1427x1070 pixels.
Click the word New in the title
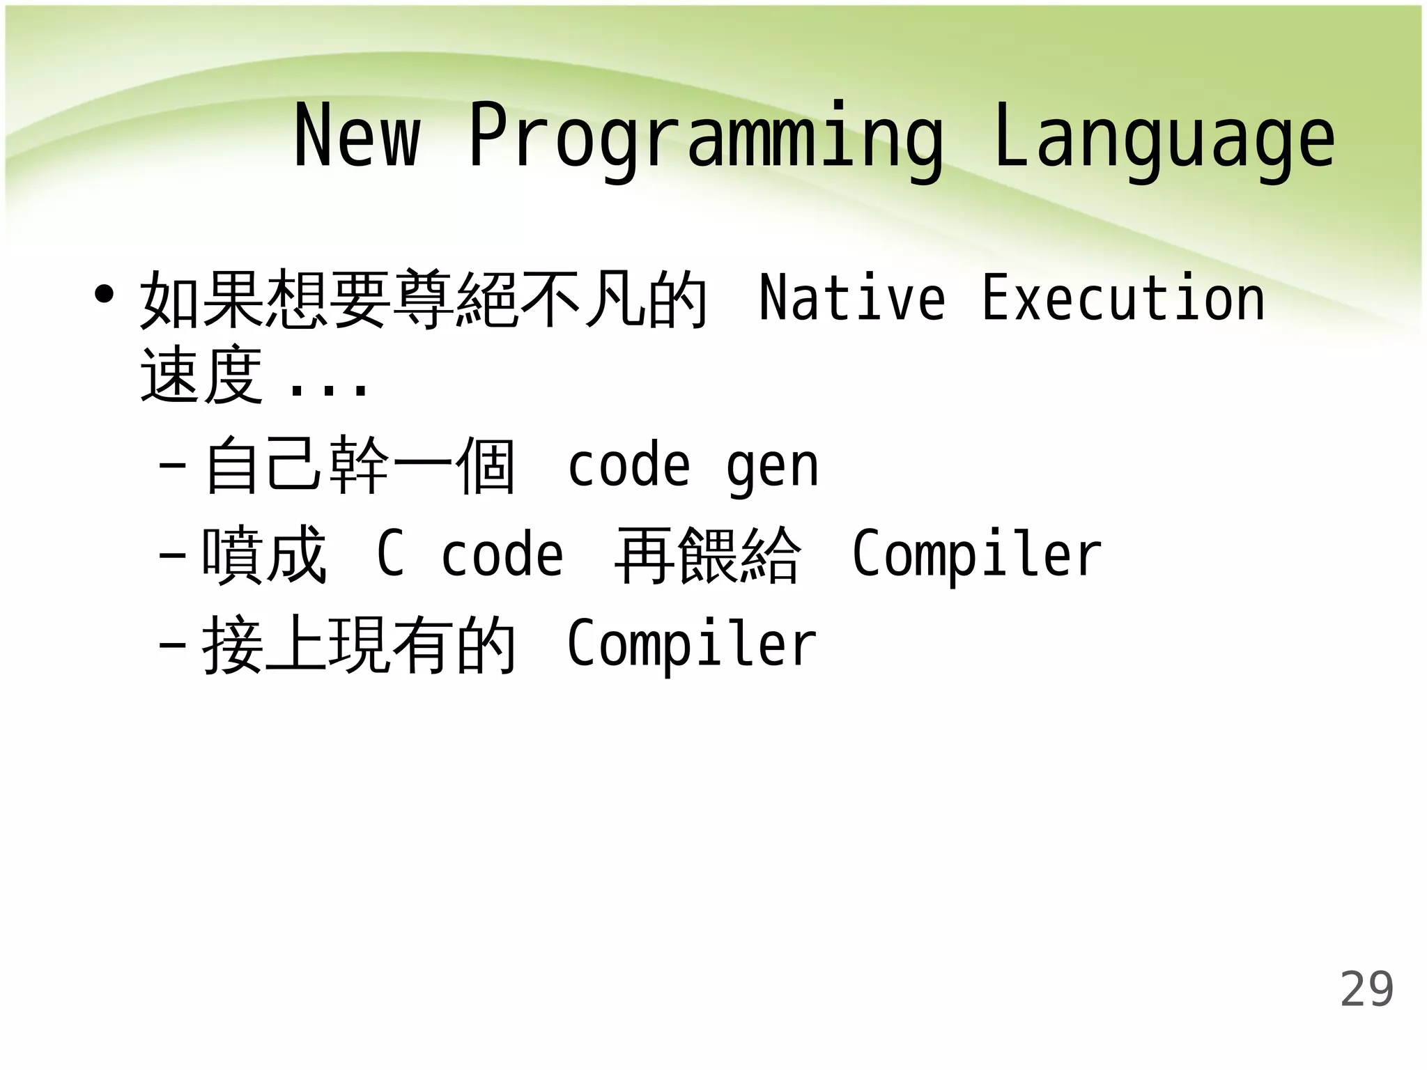(x=357, y=136)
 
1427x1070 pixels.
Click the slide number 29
(x=1366, y=989)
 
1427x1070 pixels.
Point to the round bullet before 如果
(x=104, y=295)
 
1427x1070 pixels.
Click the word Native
(x=851, y=298)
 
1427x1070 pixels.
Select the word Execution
(x=1123, y=298)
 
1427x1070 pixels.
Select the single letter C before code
(x=390, y=554)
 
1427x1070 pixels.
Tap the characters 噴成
(x=263, y=555)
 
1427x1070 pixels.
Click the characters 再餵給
(x=707, y=555)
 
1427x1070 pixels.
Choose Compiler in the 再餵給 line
(x=976, y=555)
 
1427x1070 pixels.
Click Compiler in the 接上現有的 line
(x=691, y=644)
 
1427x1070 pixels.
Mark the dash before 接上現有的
(x=172, y=645)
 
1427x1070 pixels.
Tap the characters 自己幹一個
(x=360, y=465)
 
